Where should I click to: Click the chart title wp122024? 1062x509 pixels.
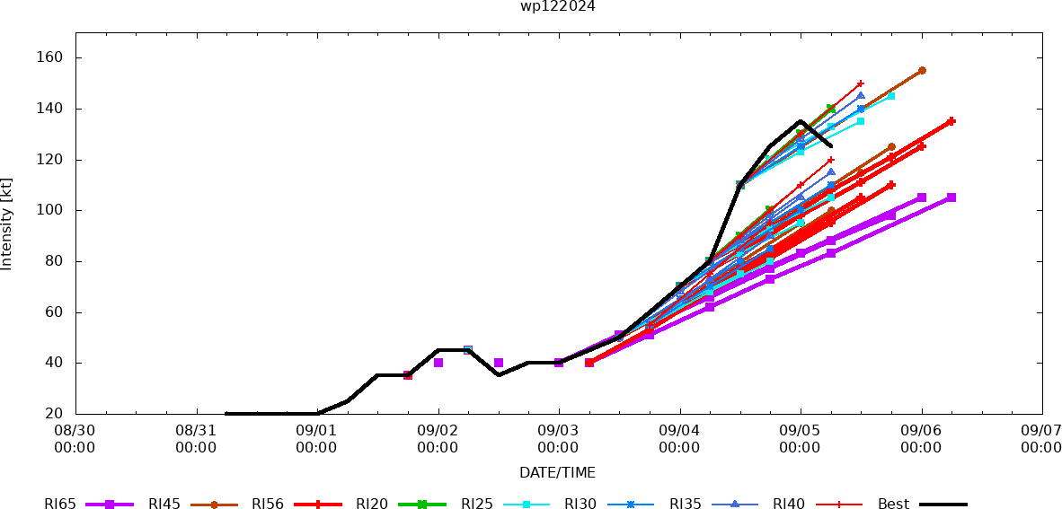[x=557, y=6]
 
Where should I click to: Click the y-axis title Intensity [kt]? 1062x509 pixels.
[x=7, y=224]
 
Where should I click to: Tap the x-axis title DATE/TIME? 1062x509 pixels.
[x=557, y=472]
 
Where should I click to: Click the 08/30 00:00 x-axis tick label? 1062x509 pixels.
[x=75, y=440]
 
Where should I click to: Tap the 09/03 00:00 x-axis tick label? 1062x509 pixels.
[x=559, y=440]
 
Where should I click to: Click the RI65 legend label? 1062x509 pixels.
[x=59, y=504]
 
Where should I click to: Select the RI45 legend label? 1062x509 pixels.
[x=164, y=504]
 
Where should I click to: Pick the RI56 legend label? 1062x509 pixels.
[x=268, y=504]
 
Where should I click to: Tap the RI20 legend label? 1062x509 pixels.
[x=372, y=504]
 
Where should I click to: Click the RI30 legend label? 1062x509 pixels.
[x=580, y=504]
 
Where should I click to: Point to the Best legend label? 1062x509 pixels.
[x=894, y=504]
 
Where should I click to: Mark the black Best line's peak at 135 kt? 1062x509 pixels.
[x=801, y=121]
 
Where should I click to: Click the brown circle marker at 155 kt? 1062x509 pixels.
[x=922, y=70]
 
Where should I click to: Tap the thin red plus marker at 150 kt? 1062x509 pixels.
[x=861, y=83]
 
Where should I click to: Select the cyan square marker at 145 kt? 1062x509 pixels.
[x=891, y=96]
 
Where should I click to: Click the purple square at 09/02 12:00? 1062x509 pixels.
[x=499, y=363]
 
